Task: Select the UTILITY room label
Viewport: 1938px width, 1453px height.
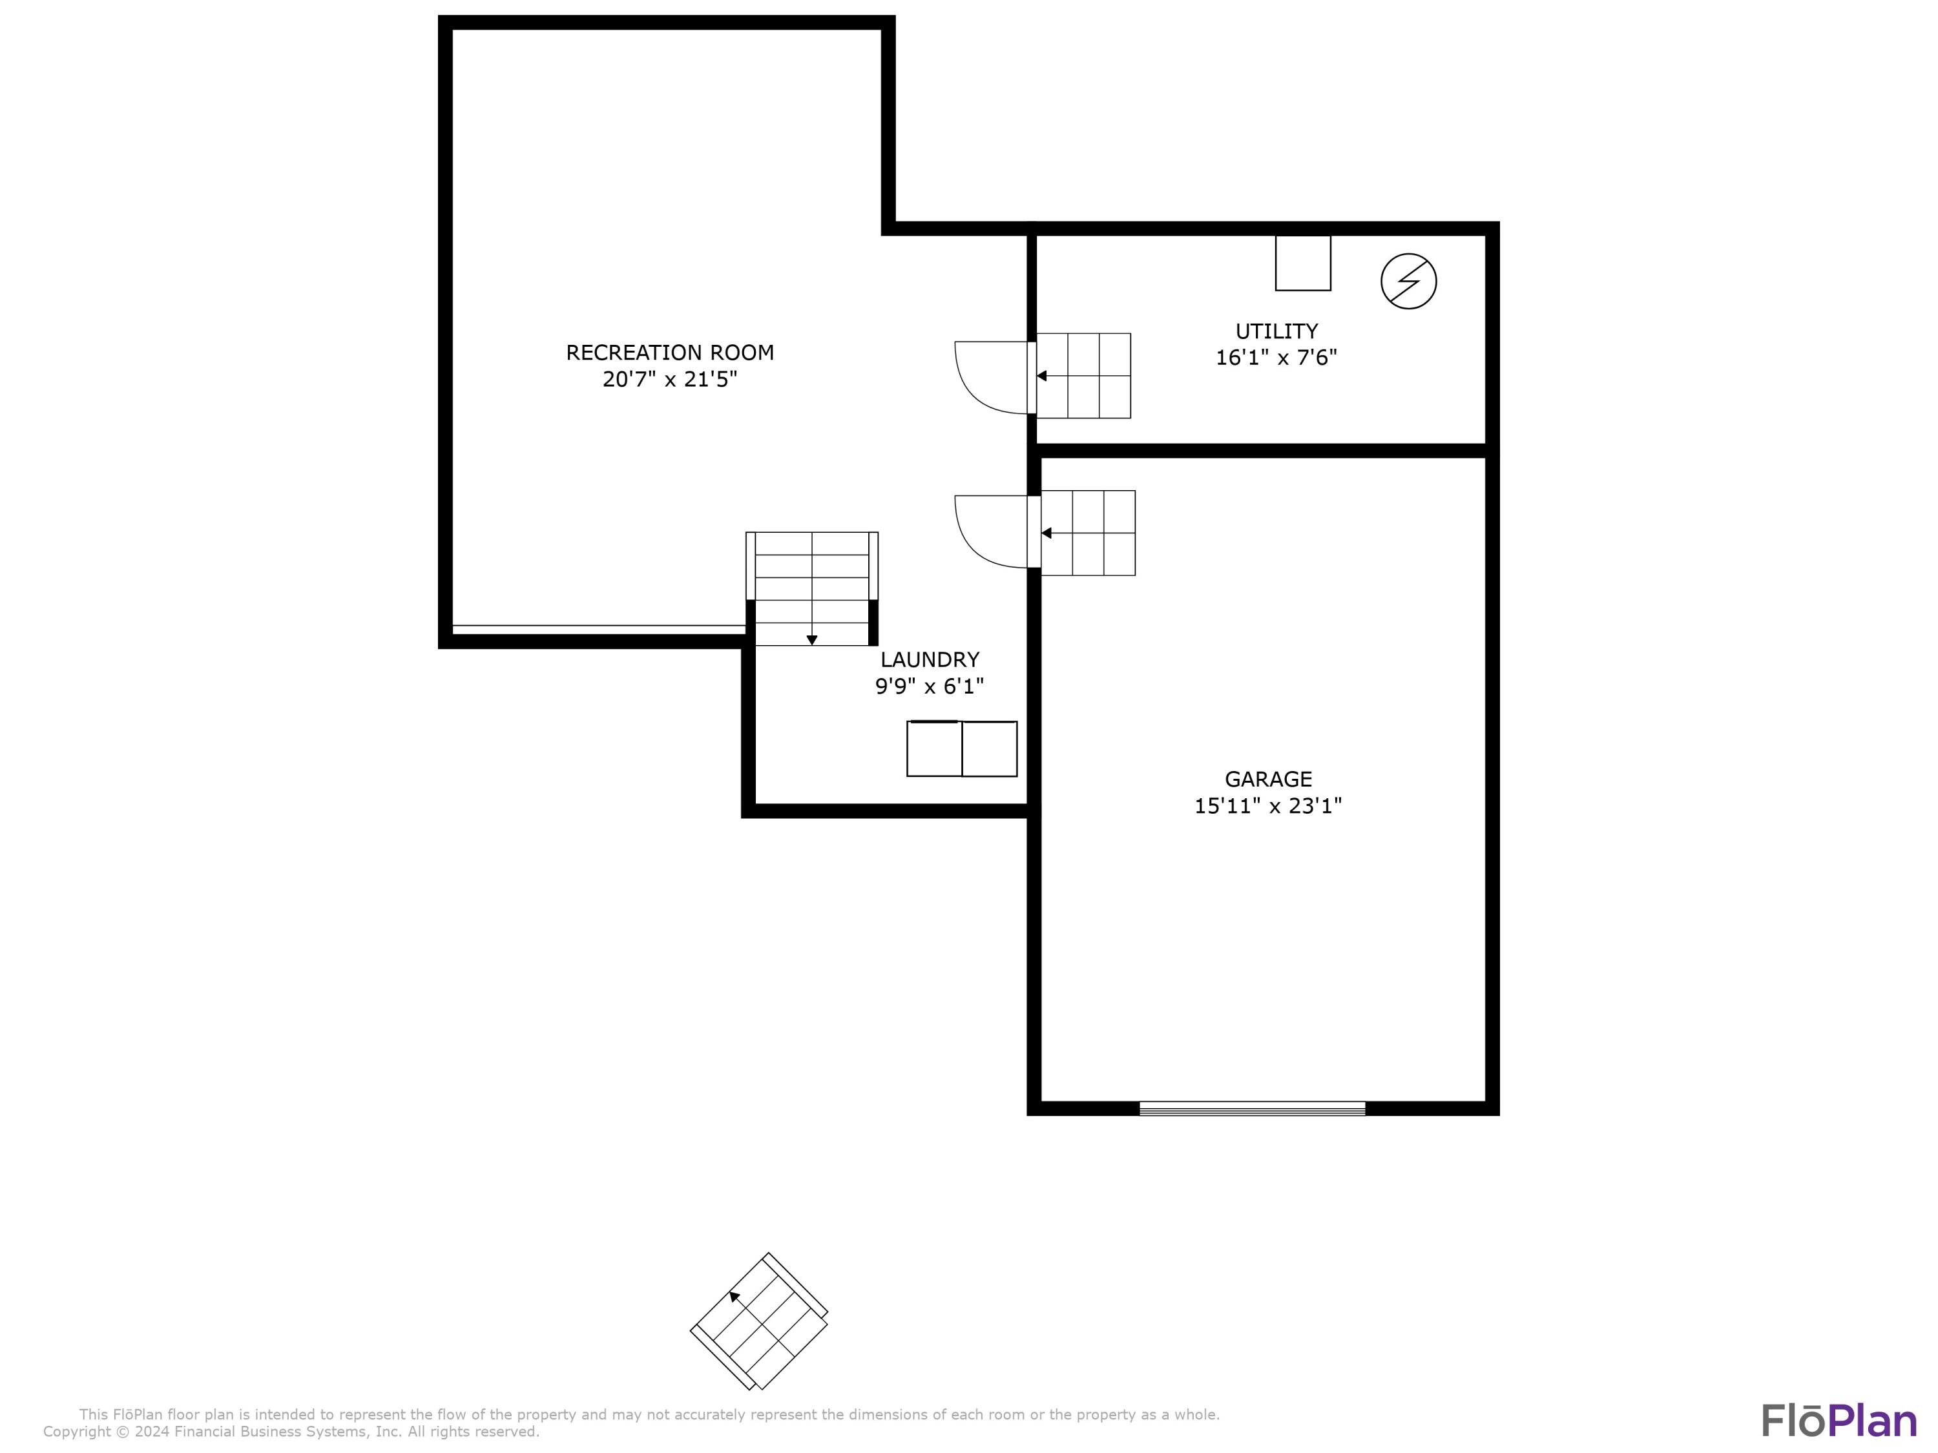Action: (x=1276, y=331)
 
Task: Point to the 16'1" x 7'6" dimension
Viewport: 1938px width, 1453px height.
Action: (x=1276, y=357)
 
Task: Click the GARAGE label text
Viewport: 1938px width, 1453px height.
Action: (x=1267, y=779)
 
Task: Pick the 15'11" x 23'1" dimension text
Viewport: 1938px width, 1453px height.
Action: (x=1267, y=806)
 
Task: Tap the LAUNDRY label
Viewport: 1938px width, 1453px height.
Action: (x=930, y=659)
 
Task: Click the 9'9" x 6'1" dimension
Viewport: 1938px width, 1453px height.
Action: (x=930, y=686)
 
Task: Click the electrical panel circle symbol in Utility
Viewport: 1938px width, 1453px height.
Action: (x=1408, y=281)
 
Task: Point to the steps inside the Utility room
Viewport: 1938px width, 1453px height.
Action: (x=1084, y=376)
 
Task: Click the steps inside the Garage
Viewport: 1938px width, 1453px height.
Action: (x=1088, y=533)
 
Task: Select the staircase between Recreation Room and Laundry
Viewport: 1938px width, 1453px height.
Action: (x=811, y=588)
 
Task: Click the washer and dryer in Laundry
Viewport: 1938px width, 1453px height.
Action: (x=961, y=749)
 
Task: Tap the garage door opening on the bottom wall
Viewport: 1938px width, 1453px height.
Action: (x=1251, y=1108)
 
